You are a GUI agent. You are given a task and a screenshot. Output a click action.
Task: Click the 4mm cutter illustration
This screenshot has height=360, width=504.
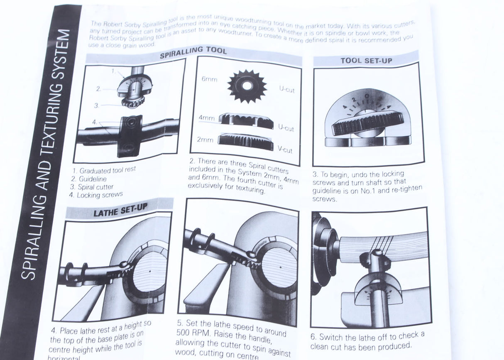[x=246, y=120]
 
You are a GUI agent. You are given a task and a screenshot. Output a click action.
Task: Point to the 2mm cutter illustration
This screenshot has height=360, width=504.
[x=245, y=142]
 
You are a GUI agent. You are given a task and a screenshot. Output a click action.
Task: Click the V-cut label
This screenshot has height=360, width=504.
[x=285, y=150]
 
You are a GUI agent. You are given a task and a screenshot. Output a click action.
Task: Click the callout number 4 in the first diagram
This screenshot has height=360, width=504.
[x=95, y=122]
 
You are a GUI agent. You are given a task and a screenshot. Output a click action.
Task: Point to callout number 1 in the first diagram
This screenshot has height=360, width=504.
[x=113, y=71]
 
